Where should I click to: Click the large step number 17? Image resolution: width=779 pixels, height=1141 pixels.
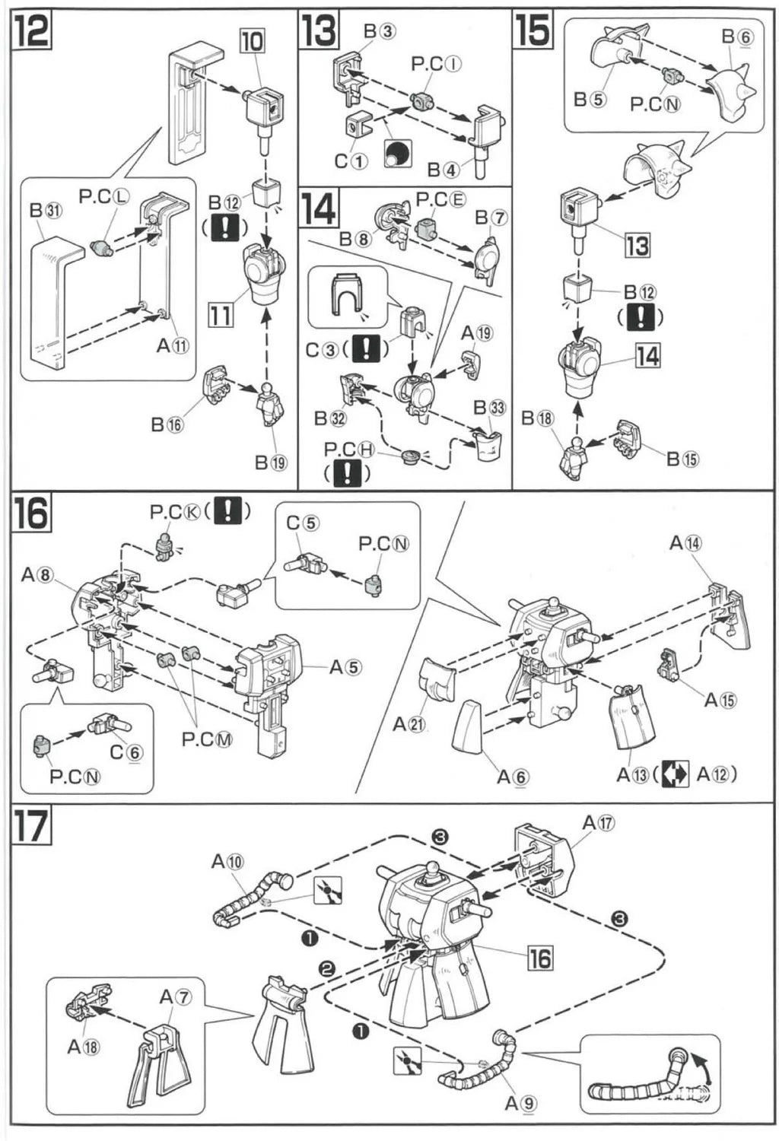pyautogui.click(x=31, y=826)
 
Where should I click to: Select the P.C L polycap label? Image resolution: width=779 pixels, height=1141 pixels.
pyautogui.click(x=104, y=197)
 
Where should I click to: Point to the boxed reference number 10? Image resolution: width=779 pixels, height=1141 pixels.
pyautogui.click(x=252, y=41)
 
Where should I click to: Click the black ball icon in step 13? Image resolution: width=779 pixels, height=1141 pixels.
pyautogui.click(x=398, y=153)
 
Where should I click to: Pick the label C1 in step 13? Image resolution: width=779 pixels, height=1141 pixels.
pyautogui.click(x=351, y=161)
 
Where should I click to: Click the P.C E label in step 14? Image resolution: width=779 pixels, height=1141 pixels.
pyautogui.click(x=440, y=200)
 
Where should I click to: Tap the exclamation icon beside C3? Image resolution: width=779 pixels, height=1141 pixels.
pyautogui.click(x=367, y=349)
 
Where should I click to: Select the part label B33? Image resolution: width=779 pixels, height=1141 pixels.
pyautogui.click(x=489, y=408)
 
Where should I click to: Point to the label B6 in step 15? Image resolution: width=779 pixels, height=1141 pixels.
pyautogui.click(x=737, y=37)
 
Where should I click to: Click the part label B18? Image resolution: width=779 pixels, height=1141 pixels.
pyautogui.click(x=538, y=418)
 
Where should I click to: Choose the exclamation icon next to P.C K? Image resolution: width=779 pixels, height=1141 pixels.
pyautogui.click(x=227, y=510)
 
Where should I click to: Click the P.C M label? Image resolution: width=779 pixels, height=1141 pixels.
pyautogui.click(x=207, y=739)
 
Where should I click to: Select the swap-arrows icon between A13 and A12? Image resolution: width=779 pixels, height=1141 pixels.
pyautogui.click(x=675, y=774)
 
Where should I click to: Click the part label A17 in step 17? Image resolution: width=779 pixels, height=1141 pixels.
pyautogui.click(x=599, y=823)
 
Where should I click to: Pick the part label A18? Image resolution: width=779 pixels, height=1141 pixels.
pyautogui.click(x=84, y=1047)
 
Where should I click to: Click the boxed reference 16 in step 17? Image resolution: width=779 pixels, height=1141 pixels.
pyautogui.click(x=540, y=958)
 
